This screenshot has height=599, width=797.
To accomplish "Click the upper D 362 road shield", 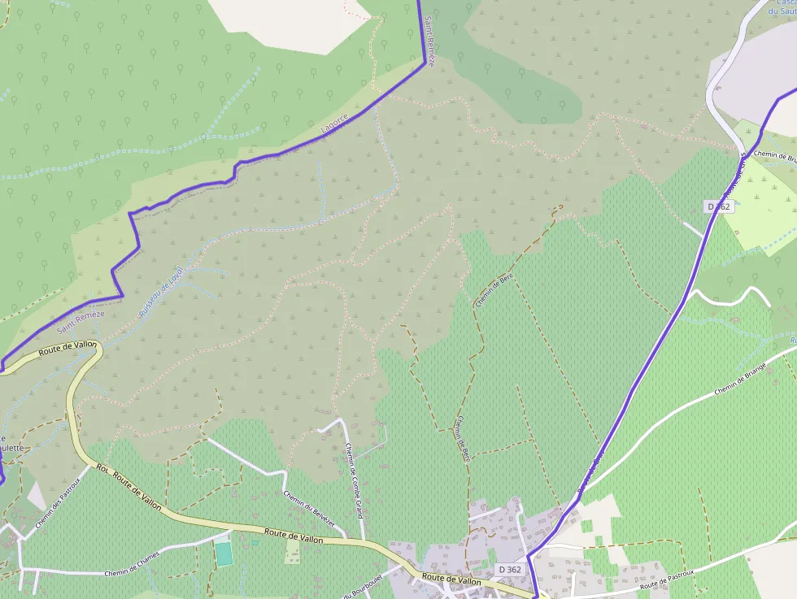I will [x=720, y=207].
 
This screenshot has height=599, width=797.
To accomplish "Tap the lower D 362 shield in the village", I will [x=509, y=569].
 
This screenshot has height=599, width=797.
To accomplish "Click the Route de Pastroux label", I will [x=667, y=579].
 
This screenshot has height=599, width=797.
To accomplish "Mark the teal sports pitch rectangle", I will [x=224, y=553].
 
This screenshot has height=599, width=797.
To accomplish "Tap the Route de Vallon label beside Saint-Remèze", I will [x=68, y=347].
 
